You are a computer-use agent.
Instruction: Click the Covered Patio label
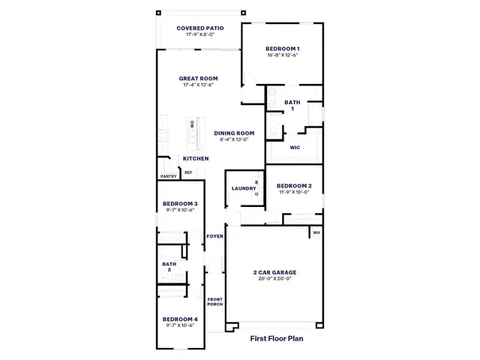click(x=200, y=28)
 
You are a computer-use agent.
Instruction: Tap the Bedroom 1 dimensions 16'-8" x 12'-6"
click(x=283, y=55)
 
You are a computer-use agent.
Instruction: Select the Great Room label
click(x=198, y=78)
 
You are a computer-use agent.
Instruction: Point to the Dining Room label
click(x=234, y=133)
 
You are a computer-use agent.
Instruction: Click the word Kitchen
click(x=196, y=158)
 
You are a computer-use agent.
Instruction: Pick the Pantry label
click(x=169, y=176)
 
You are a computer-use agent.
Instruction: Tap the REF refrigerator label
click(x=188, y=172)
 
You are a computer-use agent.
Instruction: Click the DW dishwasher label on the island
click(x=192, y=124)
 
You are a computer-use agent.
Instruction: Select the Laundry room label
click(x=244, y=188)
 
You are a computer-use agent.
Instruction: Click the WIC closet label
click(x=295, y=148)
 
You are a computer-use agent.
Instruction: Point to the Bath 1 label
click(x=292, y=105)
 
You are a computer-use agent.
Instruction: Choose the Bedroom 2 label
click(x=294, y=186)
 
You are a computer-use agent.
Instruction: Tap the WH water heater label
click(x=316, y=232)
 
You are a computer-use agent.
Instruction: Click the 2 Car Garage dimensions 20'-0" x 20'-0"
click(x=275, y=278)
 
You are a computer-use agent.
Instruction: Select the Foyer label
click(x=215, y=236)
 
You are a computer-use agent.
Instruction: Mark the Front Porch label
click(x=215, y=301)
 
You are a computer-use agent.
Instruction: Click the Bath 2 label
click(x=169, y=267)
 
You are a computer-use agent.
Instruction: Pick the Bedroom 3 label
click(x=180, y=203)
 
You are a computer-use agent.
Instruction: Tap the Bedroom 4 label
click(x=180, y=319)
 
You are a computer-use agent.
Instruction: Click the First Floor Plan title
click(x=277, y=338)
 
